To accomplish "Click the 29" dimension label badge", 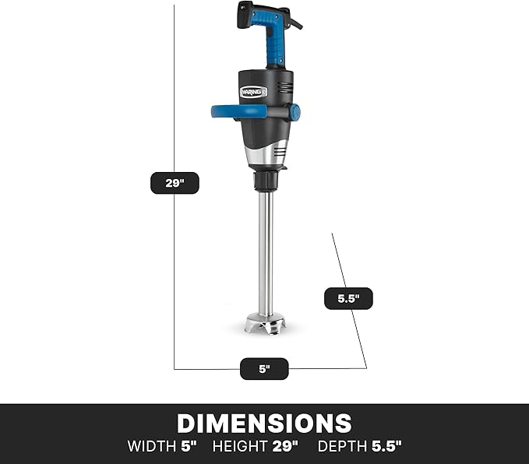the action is click(x=175, y=183).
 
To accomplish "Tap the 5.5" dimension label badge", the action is click(x=348, y=298).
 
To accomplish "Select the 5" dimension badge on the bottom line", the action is click(x=264, y=369).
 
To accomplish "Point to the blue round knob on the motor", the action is click(x=294, y=112).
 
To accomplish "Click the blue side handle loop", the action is click(x=236, y=112).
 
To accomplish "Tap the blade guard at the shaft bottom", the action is click(x=266, y=323).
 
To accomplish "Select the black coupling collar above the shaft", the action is click(x=266, y=181).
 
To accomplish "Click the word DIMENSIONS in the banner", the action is click(x=264, y=424).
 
